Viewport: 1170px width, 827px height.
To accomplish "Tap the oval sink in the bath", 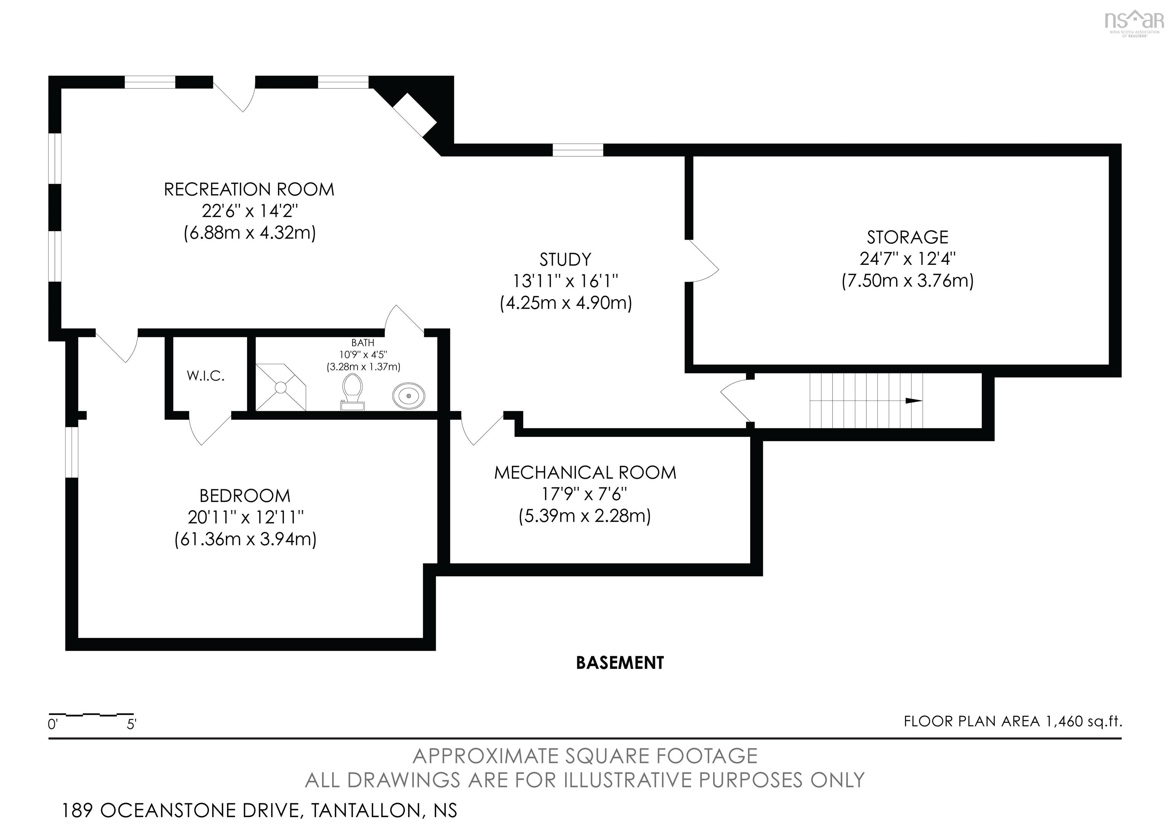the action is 409,396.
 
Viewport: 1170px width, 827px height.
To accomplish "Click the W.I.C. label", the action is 206,376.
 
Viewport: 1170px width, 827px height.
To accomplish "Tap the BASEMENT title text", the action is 620,663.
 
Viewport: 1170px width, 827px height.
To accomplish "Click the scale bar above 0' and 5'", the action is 91,714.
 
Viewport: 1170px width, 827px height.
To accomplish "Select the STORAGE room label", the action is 908,237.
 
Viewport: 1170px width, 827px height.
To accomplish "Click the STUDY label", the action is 566,260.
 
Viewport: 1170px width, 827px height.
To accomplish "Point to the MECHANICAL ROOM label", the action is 585,473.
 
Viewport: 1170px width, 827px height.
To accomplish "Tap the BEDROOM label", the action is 245,495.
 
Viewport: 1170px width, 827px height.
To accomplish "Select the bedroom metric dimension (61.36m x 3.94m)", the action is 246,539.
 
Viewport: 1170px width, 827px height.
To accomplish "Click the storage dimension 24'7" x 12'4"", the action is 908,259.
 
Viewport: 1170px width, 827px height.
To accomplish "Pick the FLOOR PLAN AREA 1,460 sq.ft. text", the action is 1013,721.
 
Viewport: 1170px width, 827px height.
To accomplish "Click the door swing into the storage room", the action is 703,260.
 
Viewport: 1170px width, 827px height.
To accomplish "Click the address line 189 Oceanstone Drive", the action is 259,810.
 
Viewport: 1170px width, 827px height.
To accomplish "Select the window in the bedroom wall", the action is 72,452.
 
